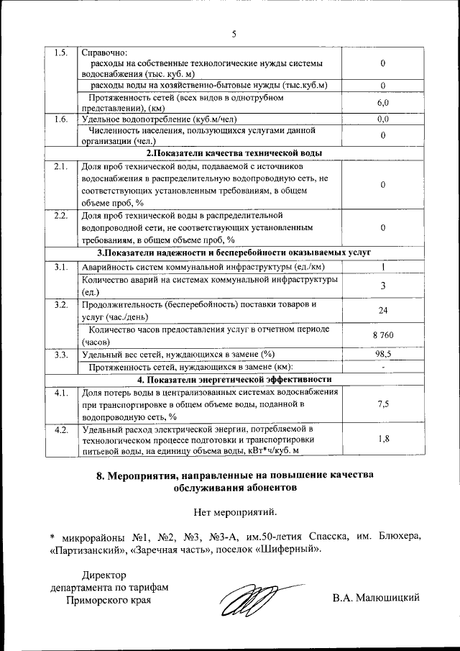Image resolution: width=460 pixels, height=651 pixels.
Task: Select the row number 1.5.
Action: (60, 53)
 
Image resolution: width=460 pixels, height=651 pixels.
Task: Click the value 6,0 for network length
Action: (383, 104)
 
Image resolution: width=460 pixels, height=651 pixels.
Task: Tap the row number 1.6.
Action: (60, 119)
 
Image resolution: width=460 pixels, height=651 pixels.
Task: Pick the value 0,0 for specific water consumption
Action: (383, 119)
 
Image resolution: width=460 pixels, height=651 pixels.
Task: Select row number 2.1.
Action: (60, 166)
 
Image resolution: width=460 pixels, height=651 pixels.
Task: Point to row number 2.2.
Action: (60, 215)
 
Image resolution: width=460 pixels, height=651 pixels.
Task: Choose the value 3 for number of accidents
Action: (383, 286)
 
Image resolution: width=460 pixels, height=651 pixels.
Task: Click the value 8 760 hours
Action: (383, 336)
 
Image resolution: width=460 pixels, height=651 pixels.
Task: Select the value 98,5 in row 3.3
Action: (383, 354)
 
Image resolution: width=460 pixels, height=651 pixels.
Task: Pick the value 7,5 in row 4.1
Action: (383, 404)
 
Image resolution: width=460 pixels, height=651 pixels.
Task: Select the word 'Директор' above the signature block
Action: (103, 575)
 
